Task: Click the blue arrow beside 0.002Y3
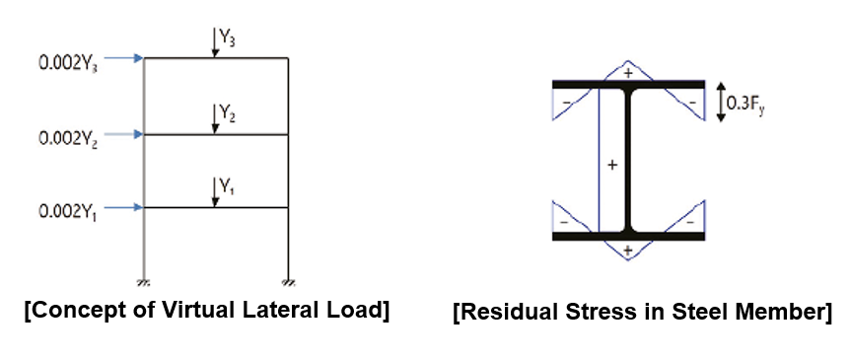(x=124, y=59)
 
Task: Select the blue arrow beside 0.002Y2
(x=124, y=134)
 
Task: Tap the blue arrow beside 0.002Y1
(x=124, y=207)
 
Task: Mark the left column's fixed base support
(x=145, y=279)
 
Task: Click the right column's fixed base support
(x=288, y=279)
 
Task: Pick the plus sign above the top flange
(x=628, y=73)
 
